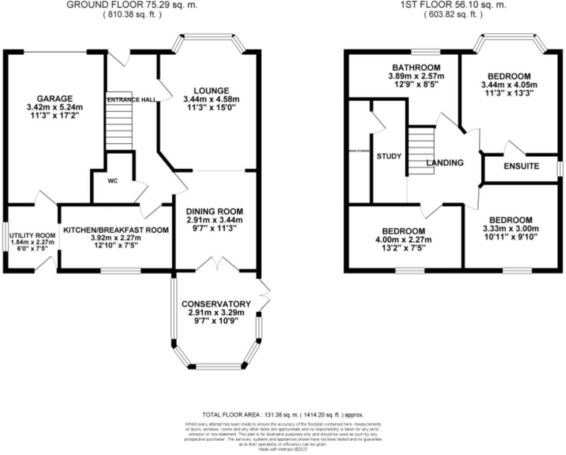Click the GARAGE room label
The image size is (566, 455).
[54, 99]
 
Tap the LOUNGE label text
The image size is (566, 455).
[211, 91]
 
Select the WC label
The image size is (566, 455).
[112, 181]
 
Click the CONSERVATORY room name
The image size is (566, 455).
[216, 304]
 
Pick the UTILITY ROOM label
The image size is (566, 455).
[33, 236]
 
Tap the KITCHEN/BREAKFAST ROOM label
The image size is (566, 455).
[116, 230]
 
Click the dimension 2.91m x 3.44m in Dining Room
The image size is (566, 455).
[214, 220]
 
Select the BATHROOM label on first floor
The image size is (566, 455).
[416, 68]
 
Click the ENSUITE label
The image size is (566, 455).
[521, 166]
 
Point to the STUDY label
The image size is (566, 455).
[388, 156]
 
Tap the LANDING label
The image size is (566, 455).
[445, 163]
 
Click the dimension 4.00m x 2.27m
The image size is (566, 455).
[403, 240]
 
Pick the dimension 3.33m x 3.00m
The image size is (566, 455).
[510, 229]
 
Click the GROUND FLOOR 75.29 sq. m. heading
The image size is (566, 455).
[132, 5]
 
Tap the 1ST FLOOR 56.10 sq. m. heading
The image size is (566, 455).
[453, 5]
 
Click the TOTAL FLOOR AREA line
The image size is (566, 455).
[283, 415]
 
